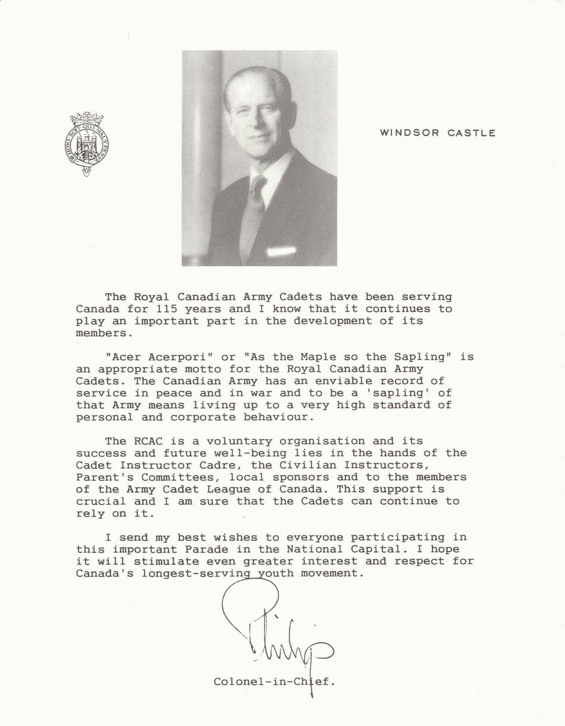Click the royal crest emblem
83,144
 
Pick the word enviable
321,381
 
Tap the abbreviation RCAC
149,441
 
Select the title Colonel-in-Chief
274,681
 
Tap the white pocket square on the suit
281,251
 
